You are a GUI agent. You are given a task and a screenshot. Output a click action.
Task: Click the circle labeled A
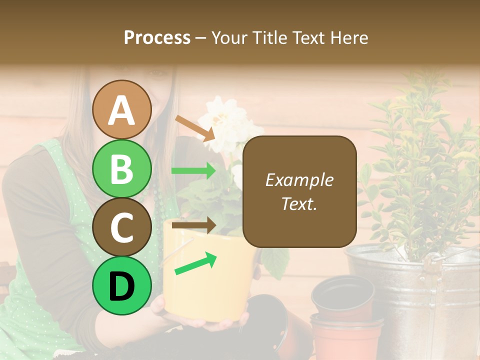(x=121, y=109)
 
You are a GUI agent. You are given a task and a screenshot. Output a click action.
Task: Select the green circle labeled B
(x=121, y=168)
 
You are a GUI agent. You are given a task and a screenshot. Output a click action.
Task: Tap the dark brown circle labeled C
(x=121, y=227)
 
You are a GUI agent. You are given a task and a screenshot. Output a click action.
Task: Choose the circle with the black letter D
(x=121, y=285)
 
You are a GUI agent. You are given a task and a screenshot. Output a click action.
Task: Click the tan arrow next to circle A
(x=194, y=128)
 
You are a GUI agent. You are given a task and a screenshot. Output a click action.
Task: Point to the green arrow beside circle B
(x=193, y=171)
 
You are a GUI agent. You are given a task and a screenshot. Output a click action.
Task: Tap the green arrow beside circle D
(x=195, y=264)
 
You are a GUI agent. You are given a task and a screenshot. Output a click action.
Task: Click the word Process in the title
(x=157, y=38)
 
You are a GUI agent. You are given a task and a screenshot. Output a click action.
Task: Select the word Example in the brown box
(x=299, y=180)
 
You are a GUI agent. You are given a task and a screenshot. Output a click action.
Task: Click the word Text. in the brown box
(x=299, y=203)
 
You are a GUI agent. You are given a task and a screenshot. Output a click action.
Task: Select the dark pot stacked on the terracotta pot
(x=343, y=297)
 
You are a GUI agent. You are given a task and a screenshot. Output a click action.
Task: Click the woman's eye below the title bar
(x=159, y=73)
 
